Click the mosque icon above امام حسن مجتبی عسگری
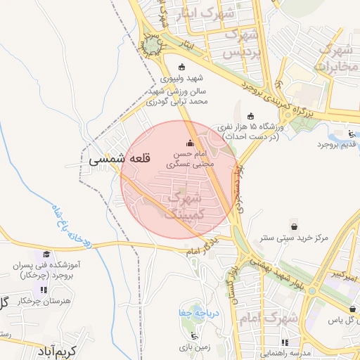point(189,143)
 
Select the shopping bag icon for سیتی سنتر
point(293,227)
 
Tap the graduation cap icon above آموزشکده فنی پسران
point(46,255)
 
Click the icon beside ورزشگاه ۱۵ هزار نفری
point(251,116)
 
